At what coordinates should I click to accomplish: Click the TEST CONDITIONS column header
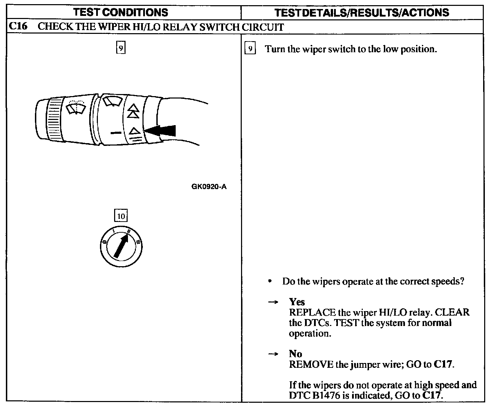point(121,12)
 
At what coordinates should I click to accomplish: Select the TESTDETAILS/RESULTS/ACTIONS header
point(362,13)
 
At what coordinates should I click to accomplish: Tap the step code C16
point(18,27)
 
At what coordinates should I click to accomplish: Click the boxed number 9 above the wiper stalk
point(120,48)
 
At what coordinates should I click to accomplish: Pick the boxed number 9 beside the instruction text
point(250,49)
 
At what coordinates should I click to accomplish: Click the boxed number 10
point(121,216)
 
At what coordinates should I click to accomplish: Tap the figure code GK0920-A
point(209,187)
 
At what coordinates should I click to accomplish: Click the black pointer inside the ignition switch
point(121,246)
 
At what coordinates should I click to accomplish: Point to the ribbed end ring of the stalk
point(55,119)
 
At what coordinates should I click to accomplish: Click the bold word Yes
point(297,302)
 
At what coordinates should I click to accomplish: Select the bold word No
point(295,354)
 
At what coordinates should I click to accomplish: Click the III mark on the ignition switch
point(138,242)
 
